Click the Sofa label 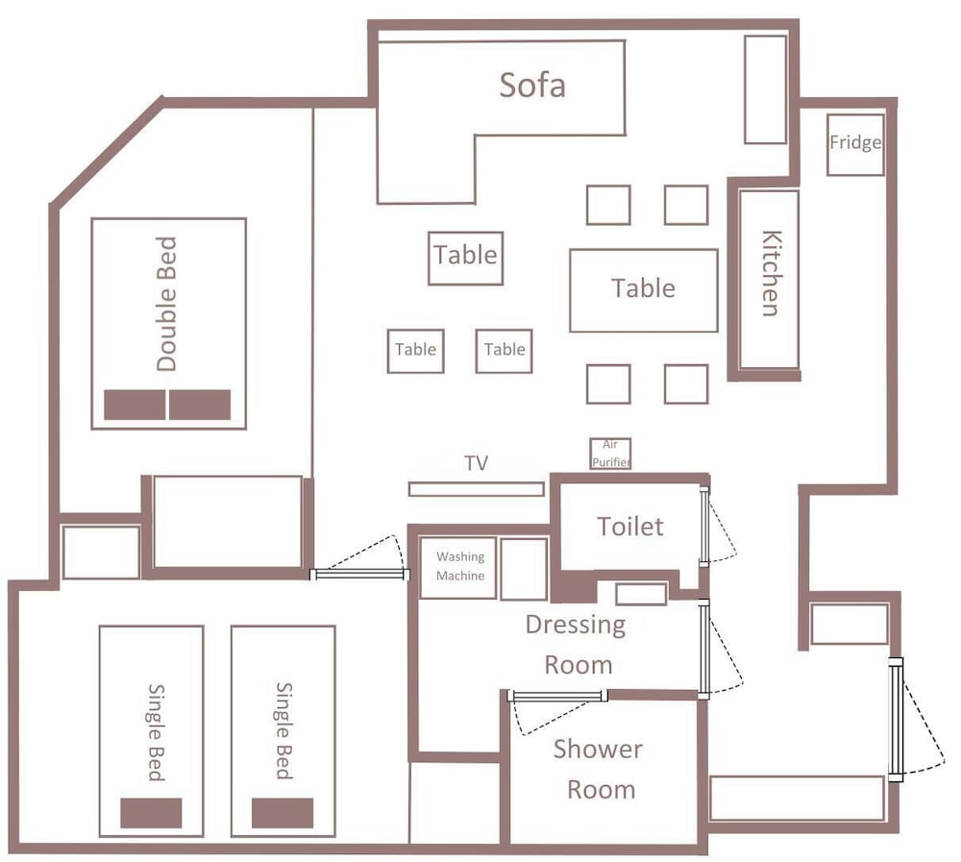(532, 85)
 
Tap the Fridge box (855, 145)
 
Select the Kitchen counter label (772, 274)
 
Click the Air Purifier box (610, 454)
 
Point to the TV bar (477, 489)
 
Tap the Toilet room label (630, 527)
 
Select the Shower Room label (598, 770)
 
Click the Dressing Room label (576, 645)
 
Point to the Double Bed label (166, 304)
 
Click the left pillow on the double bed (135, 405)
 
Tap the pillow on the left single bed (151, 813)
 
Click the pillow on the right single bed (283, 813)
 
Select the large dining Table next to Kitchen (644, 290)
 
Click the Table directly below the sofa (466, 259)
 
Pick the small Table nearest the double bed (415, 352)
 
